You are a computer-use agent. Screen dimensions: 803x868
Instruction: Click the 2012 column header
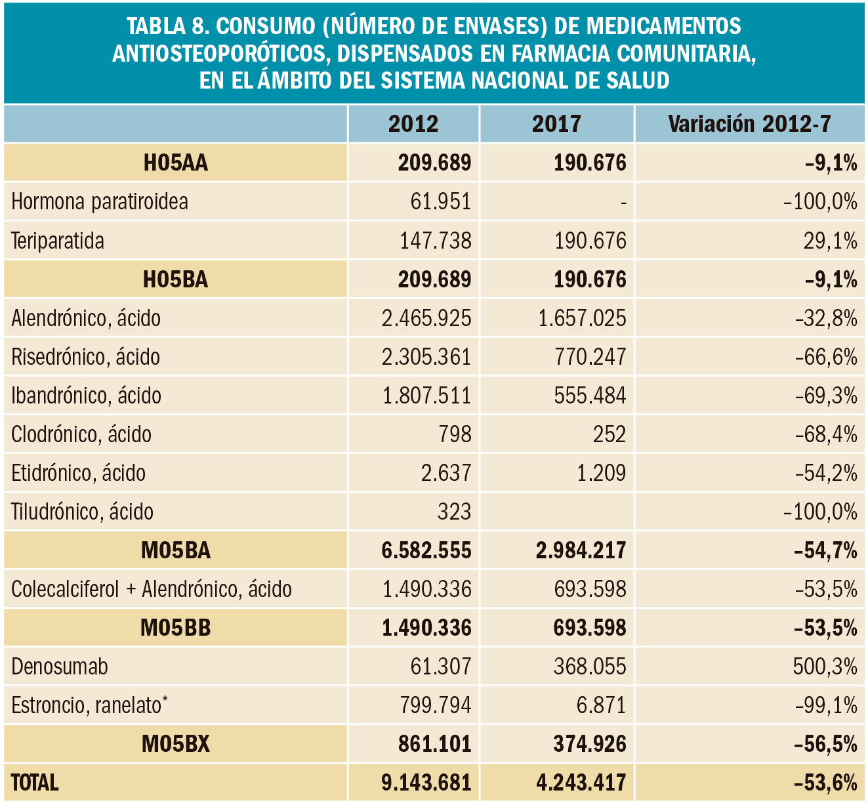413,124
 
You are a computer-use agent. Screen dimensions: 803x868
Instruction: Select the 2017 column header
556,124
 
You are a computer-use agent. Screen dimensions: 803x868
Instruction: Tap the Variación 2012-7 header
749,124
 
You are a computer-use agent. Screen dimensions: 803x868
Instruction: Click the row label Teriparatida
58,241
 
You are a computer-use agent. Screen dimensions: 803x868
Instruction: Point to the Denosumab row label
60,667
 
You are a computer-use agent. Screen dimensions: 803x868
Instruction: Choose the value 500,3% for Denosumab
825,667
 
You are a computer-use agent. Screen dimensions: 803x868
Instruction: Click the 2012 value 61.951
440,201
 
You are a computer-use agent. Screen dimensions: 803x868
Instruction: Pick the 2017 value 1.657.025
582,318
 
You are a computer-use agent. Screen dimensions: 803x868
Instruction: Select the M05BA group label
176,550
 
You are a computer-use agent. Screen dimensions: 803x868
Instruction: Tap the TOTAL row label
35,783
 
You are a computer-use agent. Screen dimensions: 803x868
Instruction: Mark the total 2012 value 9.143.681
426,783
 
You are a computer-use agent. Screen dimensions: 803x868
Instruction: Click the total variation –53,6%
825,783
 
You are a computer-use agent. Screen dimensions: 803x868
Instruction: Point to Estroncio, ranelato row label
89,705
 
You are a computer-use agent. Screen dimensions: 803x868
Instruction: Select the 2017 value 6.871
602,705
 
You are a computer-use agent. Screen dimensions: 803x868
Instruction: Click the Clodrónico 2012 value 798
455,434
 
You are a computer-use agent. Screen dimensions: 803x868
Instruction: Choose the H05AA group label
175,163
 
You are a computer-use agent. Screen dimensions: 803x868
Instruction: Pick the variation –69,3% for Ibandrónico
826,396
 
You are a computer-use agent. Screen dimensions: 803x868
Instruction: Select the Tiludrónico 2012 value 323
454,512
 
